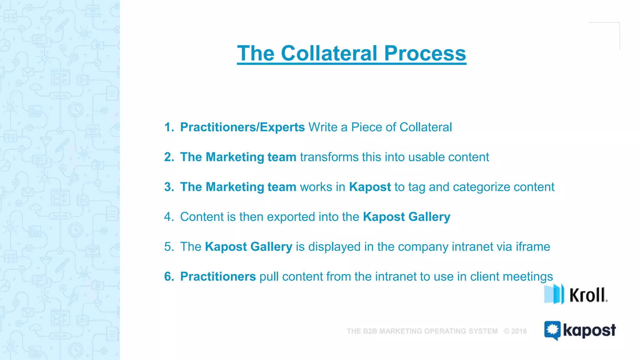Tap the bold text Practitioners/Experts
[x=242, y=127]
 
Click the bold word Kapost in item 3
[x=370, y=187]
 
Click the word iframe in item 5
[x=532, y=247]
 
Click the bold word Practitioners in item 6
[x=218, y=277]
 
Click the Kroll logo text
[x=587, y=295]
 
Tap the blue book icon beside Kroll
[x=554, y=294]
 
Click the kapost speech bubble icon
[x=552, y=330]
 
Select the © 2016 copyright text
[x=515, y=331]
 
